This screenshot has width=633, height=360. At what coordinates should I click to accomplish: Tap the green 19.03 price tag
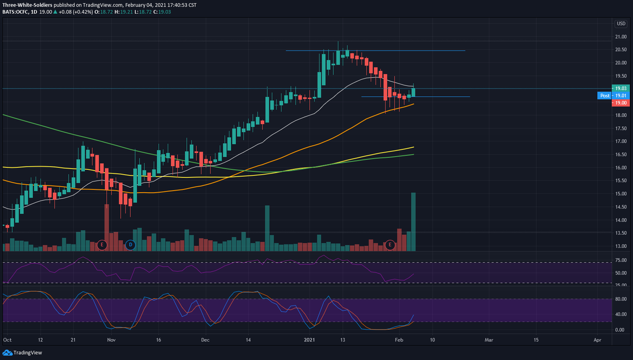(x=620, y=88)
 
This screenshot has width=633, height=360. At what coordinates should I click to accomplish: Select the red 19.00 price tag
(x=620, y=102)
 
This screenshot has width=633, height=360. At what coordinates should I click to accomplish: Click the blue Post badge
(x=605, y=96)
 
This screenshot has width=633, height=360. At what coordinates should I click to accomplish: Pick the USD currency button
(x=620, y=24)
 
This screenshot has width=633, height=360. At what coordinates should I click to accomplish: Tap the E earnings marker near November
(x=102, y=245)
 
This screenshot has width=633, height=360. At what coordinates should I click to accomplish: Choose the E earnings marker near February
(x=390, y=245)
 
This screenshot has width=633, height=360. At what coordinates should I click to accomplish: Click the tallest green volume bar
(x=413, y=222)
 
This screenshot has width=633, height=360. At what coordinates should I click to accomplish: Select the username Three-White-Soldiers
(x=27, y=4)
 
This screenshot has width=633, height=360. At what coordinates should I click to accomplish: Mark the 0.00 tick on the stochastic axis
(x=621, y=330)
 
